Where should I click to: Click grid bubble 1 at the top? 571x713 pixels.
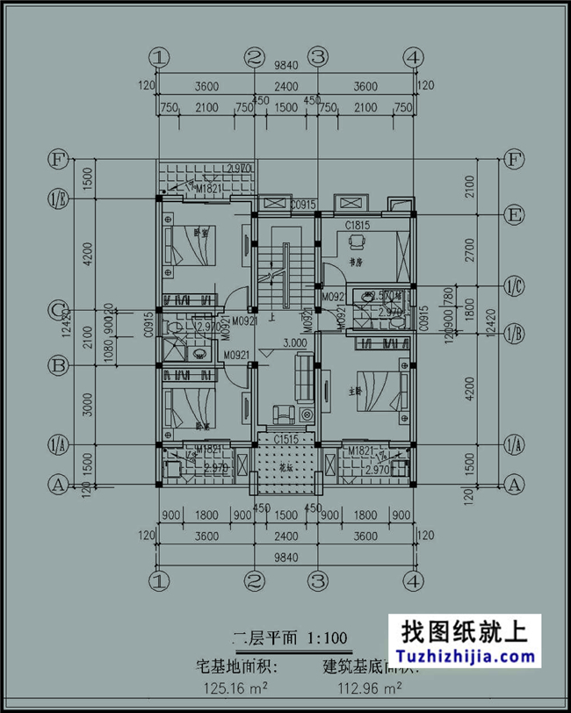pos(159,57)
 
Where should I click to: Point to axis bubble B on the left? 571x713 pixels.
pos(58,364)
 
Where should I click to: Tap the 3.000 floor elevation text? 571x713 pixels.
pos(293,343)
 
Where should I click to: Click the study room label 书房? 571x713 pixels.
pos(355,261)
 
